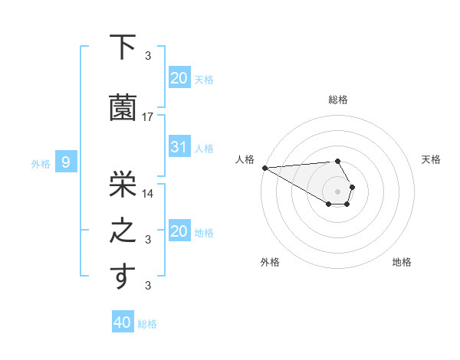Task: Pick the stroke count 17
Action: pyautogui.click(x=148, y=116)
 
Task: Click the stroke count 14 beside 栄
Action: pyautogui.click(x=148, y=193)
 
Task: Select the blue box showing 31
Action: pyautogui.click(x=179, y=147)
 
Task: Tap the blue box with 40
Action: pyautogui.click(x=123, y=322)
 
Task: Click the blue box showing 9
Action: pyautogui.click(x=67, y=162)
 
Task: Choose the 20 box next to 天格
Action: pyautogui.click(x=179, y=77)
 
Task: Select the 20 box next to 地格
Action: pyautogui.click(x=179, y=231)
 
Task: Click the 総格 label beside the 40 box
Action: pyautogui.click(x=147, y=324)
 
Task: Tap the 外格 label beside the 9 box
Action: pyautogui.click(x=41, y=163)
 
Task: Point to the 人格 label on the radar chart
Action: pyautogui.click(x=245, y=159)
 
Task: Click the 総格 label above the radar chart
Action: pyautogui.click(x=338, y=100)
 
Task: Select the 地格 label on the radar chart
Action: pyautogui.click(x=402, y=262)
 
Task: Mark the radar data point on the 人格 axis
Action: pyautogui.click(x=264, y=168)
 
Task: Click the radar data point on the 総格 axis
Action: pyautogui.click(x=337, y=161)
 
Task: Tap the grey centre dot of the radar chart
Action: pyautogui.click(x=337, y=191)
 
